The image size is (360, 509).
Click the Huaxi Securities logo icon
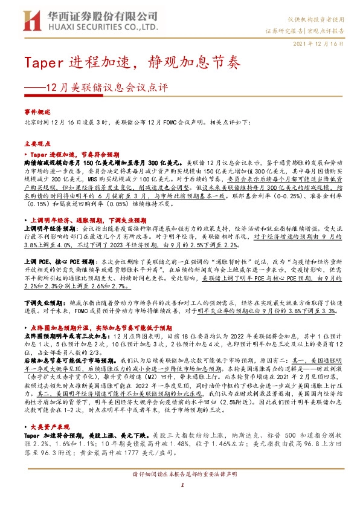point(28,20)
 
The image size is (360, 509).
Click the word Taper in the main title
point(42,63)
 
